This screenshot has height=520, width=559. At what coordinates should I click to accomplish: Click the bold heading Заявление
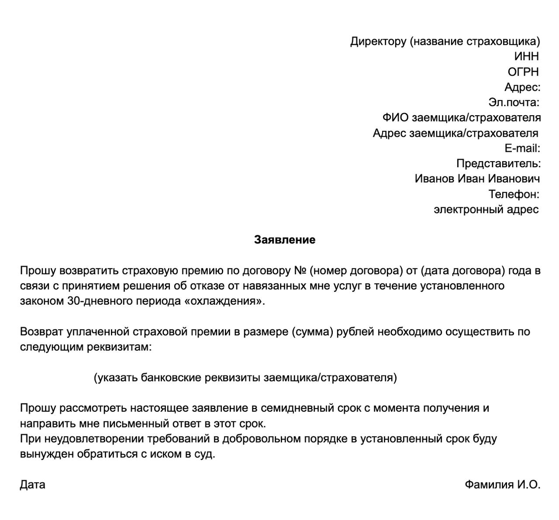(x=284, y=240)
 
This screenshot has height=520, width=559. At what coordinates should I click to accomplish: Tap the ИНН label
(x=526, y=56)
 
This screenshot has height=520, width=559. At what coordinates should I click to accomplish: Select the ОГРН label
(x=523, y=72)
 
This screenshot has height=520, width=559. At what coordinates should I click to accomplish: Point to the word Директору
(x=378, y=41)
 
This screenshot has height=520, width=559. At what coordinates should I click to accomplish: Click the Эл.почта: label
(x=514, y=102)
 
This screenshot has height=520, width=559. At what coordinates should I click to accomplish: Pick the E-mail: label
(x=522, y=148)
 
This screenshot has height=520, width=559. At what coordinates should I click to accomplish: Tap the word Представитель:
(x=498, y=163)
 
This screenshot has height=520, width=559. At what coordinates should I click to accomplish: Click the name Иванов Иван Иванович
(x=477, y=179)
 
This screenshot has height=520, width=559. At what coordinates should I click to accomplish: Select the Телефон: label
(x=514, y=194)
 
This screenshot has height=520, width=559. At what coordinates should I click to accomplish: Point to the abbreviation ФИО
(x=395, y=117)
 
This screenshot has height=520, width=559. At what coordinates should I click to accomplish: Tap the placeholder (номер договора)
(x=356, y=271)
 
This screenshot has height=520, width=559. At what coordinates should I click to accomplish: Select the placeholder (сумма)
(x=313, y=332)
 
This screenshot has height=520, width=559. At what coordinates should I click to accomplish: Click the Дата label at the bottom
(x=32, y=485)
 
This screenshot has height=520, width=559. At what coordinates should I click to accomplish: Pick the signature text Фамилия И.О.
(x=502, y=485)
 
